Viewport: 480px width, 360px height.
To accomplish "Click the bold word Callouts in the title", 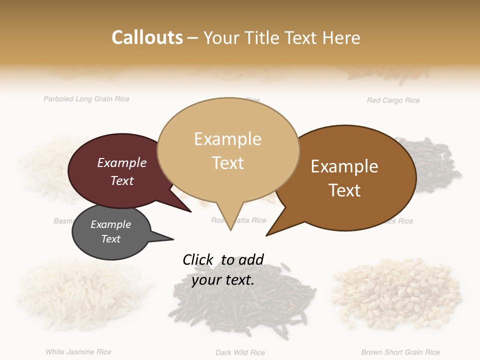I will tap(147, 37).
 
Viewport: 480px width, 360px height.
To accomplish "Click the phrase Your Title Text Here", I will tap(281, 37).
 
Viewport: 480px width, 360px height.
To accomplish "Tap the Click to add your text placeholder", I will tap(223, 269).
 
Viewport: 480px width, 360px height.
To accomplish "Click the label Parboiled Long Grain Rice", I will tap(86, 99).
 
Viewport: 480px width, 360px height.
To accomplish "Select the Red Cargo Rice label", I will tap(393, 100).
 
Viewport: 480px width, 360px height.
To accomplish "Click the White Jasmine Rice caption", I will tap(78, 352).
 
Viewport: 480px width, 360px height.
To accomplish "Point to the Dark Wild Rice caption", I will tap(240, 352).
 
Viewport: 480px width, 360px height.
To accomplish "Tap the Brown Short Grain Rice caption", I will tap(400, 352).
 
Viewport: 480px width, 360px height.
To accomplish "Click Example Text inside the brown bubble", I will tap(344, 178).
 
